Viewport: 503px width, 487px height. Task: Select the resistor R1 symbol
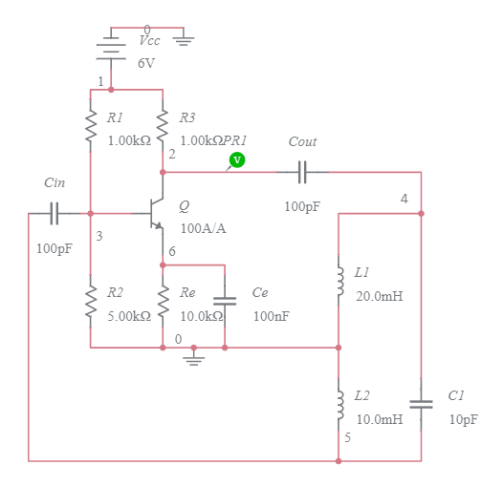click(x=91, y=126)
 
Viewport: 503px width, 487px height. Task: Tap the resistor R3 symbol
click(x=163, y=126)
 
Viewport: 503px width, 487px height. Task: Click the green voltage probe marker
click(x=237, y=160)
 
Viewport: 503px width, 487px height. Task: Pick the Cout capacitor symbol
click(x=302, y=173)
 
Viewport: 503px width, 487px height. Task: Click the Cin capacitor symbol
click(x=55, y=214)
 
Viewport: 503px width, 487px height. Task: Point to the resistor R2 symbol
click(x=91, y=303)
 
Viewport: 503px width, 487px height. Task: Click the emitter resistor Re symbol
click(x=163, y=303)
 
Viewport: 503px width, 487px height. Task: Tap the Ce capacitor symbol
click(x=225, y=300)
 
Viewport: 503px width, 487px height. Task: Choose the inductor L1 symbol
click(x=339, y=281)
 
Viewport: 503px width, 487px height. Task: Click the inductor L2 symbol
click(x=339, y=404)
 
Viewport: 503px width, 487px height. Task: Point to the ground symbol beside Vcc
click(x=184, y=41)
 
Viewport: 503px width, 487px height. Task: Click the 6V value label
click(x=145, y=63)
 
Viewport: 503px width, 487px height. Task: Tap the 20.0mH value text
click(x=379, y=296)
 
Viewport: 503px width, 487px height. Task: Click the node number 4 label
click(x=404, y=199)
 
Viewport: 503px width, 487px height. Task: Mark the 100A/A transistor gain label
click(x=204, y=228)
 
